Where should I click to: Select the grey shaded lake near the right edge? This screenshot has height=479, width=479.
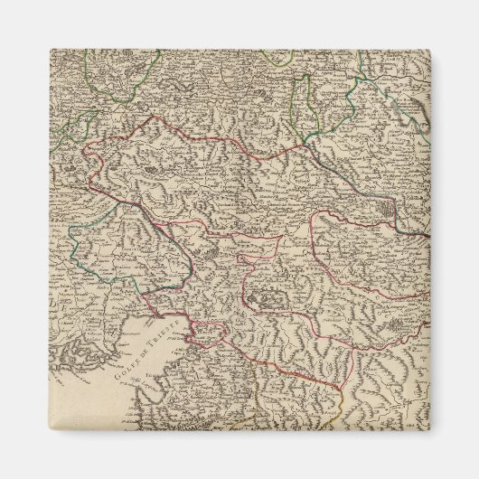[386, 210]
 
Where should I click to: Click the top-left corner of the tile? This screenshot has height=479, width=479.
[49, 49]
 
